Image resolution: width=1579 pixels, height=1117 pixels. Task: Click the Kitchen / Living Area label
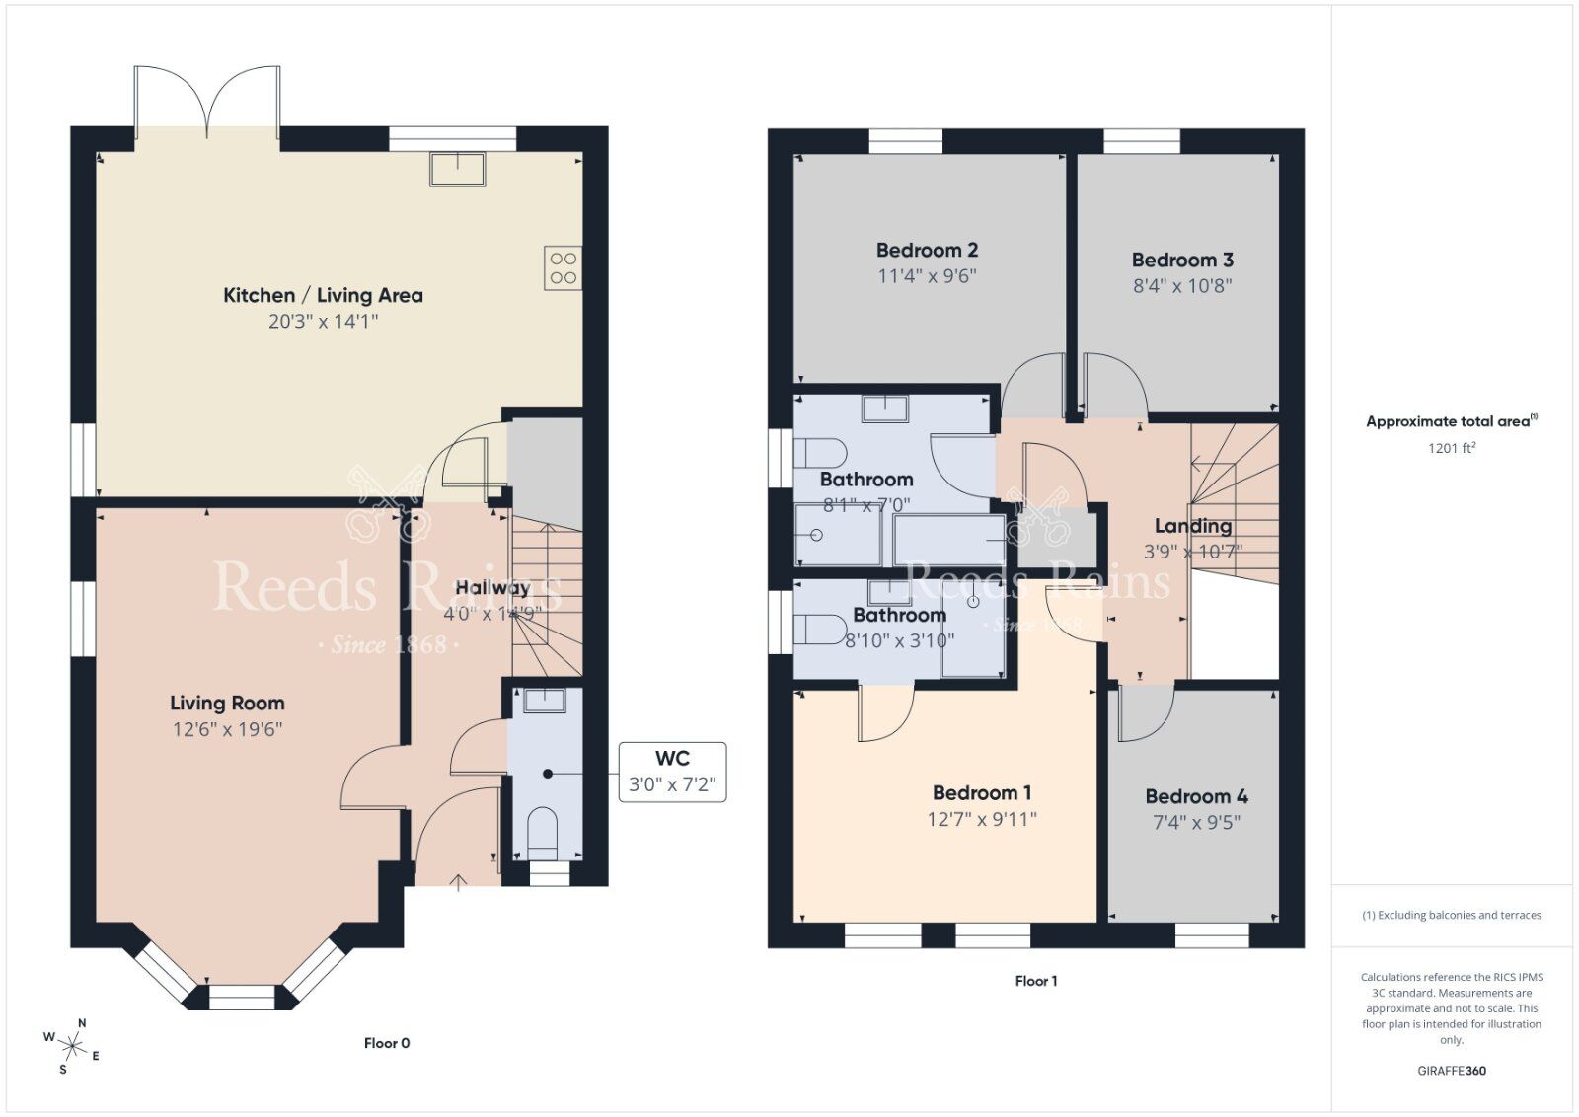point(323,295)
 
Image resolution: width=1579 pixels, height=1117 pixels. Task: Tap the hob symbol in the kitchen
point(563,268)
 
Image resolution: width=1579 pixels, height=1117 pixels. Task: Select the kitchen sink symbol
point(457,169)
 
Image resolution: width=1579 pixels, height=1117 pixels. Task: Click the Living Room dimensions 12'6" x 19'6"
point(227,729)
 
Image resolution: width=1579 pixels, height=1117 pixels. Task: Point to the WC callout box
point(672,772)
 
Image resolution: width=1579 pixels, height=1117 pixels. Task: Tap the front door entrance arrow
point(458,881)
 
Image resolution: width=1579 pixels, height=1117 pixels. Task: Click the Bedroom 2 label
point(927,251)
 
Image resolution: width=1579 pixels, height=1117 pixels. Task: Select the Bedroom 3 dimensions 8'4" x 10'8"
point(1182,286)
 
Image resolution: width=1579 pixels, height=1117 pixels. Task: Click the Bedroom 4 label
point(1196,796)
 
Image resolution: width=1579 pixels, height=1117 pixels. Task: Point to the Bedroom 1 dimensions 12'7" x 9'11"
point(981,819)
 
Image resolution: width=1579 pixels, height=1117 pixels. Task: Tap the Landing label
point(1193,526)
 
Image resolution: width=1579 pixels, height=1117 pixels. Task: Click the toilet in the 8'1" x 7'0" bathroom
point(819,454)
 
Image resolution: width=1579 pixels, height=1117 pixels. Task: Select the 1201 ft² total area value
point(1452,448)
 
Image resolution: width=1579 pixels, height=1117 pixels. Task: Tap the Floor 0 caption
point(386,1043)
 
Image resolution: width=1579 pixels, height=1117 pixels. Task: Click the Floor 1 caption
point(1035,981)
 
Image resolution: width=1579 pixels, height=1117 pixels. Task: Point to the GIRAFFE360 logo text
point(1452,1071)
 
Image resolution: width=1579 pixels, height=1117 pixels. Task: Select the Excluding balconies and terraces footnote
point(1452,915)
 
